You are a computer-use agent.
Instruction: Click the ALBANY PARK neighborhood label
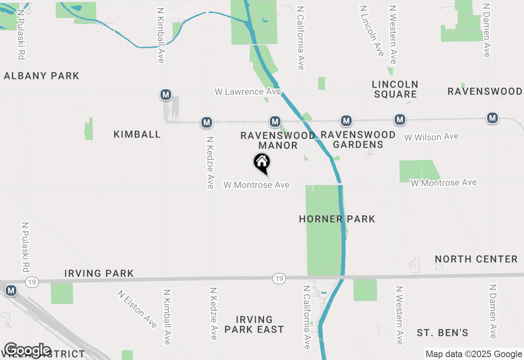click(41, 76)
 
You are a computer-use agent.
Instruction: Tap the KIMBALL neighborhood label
click(137, 135)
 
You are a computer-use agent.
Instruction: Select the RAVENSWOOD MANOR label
click(278, 140)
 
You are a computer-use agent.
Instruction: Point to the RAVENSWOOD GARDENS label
click(358, 139)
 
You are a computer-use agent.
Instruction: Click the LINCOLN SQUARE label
click(395, 89)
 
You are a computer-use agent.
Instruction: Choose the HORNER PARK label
click(337, 219)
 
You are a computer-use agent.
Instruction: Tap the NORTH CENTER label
click(476, 259)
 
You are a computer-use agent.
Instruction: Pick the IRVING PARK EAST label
click(254, 324)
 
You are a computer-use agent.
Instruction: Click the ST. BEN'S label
click(443, 333)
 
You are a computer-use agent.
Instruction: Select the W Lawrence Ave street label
click(248, 92)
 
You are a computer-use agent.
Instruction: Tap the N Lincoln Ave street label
click(372, 31)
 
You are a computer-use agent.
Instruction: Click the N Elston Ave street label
click(137, 309)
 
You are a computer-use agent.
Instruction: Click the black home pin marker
click(262, 163)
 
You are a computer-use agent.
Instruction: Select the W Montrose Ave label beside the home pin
click(256, 185)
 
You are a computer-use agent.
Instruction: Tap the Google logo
click(27, 351)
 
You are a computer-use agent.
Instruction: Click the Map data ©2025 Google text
click(474, 354)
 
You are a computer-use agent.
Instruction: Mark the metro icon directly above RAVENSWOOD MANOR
click(275, 122)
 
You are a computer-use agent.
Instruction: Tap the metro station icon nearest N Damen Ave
click(492, 118)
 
